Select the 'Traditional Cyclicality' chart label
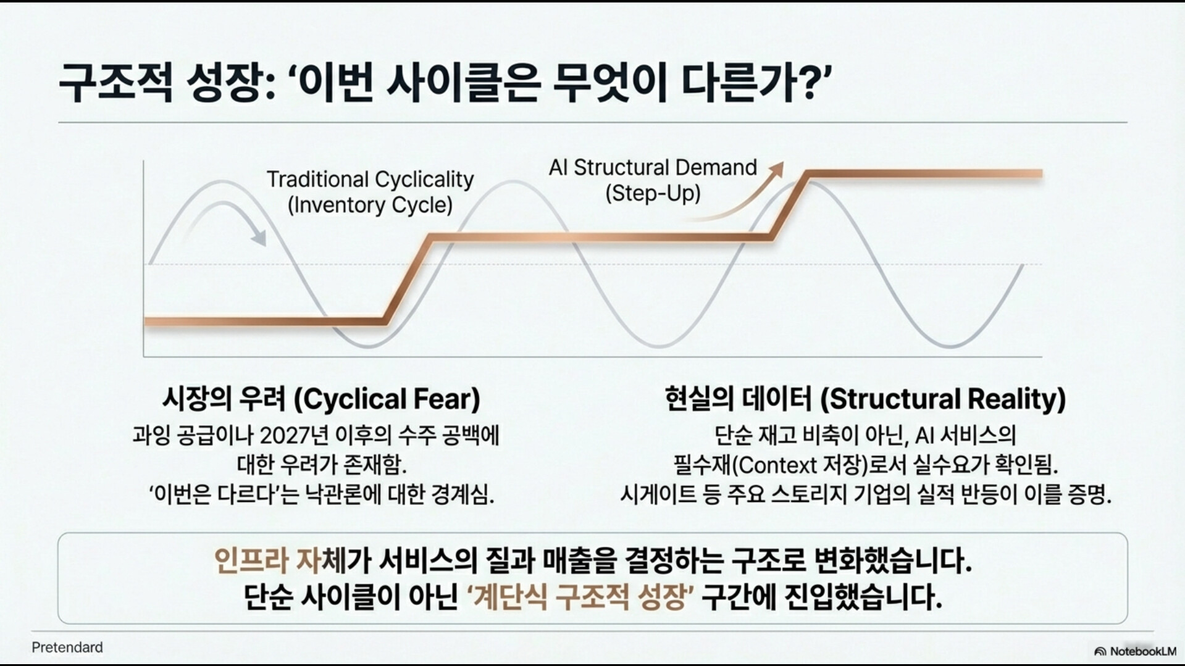(370, 180)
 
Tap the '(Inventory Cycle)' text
(370, 205)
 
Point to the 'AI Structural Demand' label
(653, 167)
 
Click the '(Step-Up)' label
(653, 194)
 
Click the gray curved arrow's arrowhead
(259, 238)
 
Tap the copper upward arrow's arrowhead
(777, 169)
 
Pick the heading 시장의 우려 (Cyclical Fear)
(321, 399)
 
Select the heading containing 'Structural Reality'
(865, 399)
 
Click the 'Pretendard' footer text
(67, 647)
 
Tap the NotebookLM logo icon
(1100, 652)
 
